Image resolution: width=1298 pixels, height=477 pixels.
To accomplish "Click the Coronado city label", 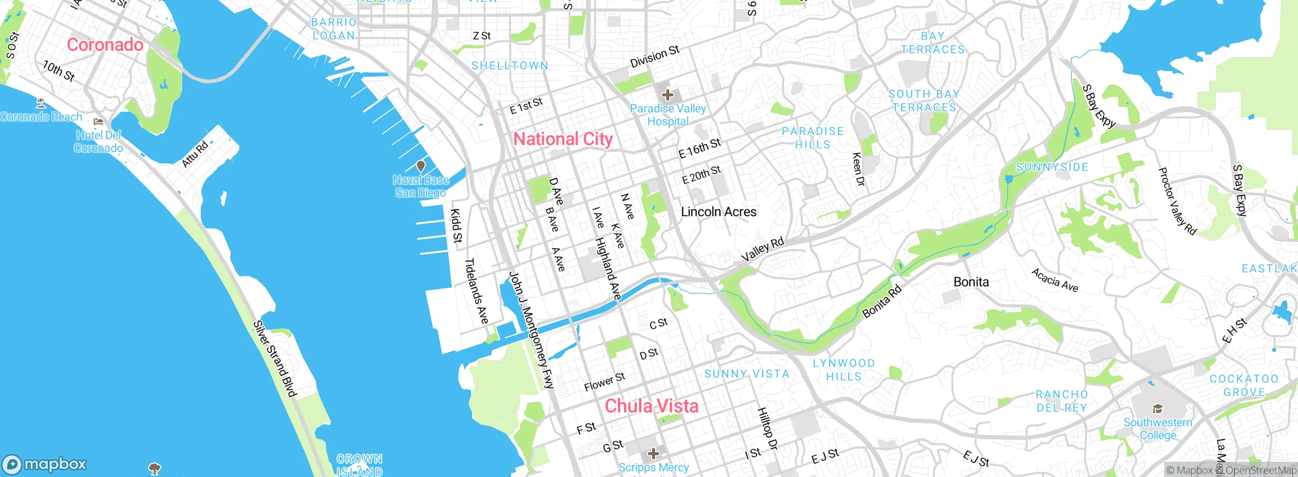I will click(105, 45).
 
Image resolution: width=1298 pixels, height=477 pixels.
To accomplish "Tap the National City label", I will click(563, 139).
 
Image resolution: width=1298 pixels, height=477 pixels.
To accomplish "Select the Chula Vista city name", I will click(651, 406).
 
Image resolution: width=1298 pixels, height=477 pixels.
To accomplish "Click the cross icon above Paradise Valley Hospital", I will click(667, 95).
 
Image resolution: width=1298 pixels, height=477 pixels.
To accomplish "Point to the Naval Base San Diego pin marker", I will click(420, 166).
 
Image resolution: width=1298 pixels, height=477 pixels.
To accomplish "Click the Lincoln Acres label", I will click(718, 212).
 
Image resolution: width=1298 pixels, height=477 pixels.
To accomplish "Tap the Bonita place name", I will click(971, 282).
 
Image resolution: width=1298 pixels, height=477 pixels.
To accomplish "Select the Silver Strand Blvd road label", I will click(275, 359).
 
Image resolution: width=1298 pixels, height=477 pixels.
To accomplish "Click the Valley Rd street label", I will click(763, 250).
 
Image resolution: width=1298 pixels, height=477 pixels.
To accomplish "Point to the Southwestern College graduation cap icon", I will click(1157, 409).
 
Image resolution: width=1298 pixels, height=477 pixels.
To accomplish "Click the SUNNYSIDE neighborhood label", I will click(1052, 167).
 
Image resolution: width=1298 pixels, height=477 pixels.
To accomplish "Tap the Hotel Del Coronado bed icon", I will click(98, 122).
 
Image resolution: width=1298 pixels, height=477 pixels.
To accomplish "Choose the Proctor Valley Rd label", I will click(1177, 201).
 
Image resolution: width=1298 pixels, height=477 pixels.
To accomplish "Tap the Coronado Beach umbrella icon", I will click(41, 104).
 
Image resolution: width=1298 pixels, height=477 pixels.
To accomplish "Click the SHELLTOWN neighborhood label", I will click(510, 66).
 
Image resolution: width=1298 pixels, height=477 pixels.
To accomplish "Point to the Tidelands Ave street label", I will click(477, 291).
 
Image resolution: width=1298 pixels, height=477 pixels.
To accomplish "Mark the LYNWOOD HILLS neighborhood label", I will click(844, 370).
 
